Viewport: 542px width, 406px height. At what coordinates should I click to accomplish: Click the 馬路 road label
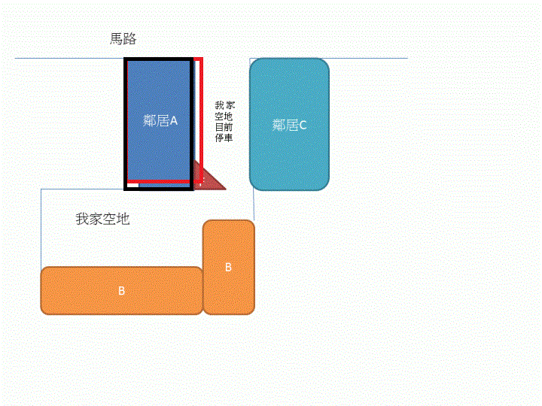point(123,38)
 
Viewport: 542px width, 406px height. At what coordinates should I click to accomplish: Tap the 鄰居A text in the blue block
point(160,120)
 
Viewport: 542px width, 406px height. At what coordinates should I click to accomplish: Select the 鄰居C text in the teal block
point(289,125)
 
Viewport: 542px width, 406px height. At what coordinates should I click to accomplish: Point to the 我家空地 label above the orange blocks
point(102,219)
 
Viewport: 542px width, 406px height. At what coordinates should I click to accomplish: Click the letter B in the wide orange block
point(121,291)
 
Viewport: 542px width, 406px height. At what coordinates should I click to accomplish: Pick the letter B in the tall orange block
point(228,267)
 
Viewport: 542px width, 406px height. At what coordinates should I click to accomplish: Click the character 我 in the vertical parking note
point(220,105)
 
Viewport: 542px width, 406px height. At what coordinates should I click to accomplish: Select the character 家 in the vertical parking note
point(230,105)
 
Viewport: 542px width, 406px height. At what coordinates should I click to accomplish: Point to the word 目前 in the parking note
point(224,127)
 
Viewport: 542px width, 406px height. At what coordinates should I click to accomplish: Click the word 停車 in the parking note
point(224,138)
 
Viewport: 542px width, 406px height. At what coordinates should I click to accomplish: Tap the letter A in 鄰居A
point(174,121)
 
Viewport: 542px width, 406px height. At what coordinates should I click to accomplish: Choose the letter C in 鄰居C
point(303,125)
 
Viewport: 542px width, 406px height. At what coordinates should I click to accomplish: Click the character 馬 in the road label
point(117,38)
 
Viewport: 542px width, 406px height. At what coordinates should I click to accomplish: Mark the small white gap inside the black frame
point(133,186)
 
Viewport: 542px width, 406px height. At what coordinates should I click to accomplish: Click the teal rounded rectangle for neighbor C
point(289,124)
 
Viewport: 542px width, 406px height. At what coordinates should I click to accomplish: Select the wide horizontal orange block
point(122,290)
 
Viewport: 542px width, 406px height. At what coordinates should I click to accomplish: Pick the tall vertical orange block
point(229,267)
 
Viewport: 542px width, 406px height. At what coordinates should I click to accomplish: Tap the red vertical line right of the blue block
point(201,120)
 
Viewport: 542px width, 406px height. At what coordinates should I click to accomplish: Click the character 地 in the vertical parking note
point(228,117)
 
